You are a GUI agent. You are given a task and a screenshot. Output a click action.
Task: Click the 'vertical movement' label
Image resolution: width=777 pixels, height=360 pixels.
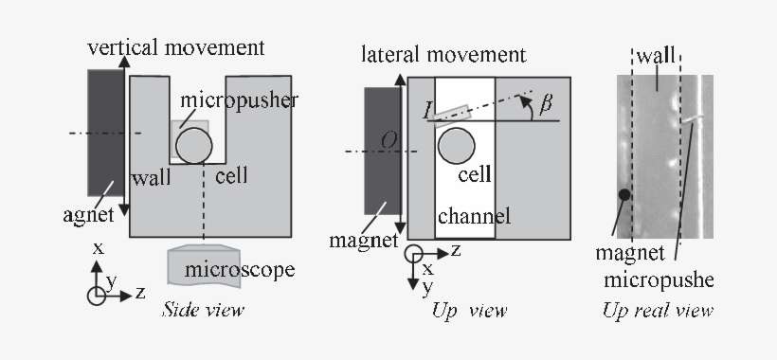pos(175,47)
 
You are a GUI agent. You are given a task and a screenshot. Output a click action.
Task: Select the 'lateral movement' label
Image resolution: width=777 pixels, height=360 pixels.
pos(443,54)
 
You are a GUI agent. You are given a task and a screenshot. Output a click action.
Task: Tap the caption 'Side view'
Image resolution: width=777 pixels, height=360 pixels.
pos(203,310)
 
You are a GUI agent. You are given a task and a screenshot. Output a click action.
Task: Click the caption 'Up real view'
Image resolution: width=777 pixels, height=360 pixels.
pos(658,310)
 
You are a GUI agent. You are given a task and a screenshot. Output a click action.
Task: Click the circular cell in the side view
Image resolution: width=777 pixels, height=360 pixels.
pos(193,147)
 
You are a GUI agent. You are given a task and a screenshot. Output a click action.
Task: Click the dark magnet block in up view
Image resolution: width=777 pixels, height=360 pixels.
pos(383,156)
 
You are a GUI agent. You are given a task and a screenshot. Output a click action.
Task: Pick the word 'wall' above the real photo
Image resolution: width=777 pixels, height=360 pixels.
pos(656,56)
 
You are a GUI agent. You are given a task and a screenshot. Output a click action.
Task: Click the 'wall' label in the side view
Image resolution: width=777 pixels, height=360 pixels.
pos(152,178)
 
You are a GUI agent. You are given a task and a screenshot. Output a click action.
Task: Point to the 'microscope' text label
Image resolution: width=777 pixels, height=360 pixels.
pos(240,270)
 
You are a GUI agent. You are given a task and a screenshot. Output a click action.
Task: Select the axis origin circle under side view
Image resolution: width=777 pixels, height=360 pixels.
pos(97,295)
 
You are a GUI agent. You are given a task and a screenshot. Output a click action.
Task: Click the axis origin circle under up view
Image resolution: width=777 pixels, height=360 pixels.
pos(414,254)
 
